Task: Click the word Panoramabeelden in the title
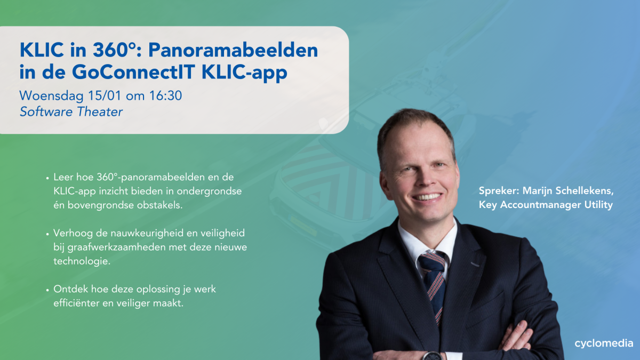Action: [x=233, y=50]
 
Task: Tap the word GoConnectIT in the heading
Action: [x=134, y=72]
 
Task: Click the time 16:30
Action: [x=165, y=95]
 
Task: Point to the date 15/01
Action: [x=105, y=95]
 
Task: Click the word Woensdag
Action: [x=51, y=96]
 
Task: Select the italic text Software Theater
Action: [x=71, y=111]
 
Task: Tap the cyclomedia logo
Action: [x=604, y=343]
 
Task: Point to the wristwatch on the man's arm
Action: [x=431, y=356]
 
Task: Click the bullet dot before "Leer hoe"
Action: [x=47, y=178]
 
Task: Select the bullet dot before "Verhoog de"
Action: [x=47, y=234]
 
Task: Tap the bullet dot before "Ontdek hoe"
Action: [x=47, y=290]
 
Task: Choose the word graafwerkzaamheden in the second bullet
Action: [x=117, y=247]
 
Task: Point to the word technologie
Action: [x=82, y=261]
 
